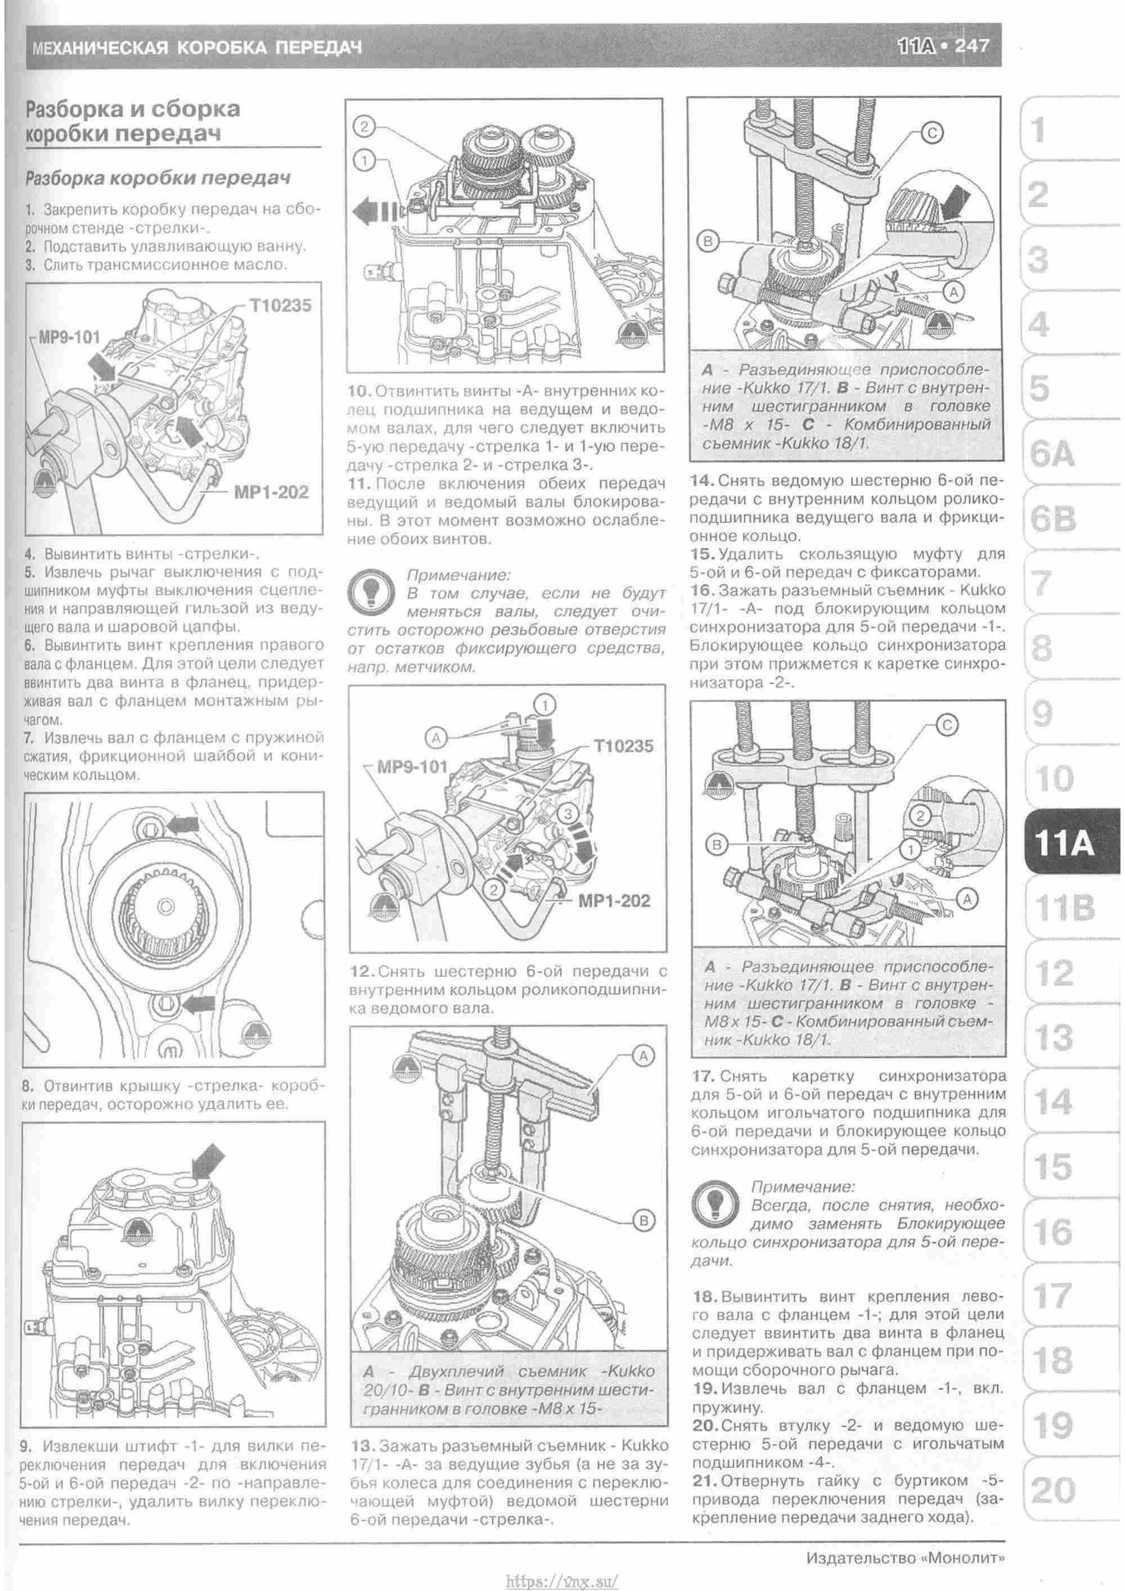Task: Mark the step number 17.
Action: point(703,1076)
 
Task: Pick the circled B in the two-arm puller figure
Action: point(643,1221)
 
